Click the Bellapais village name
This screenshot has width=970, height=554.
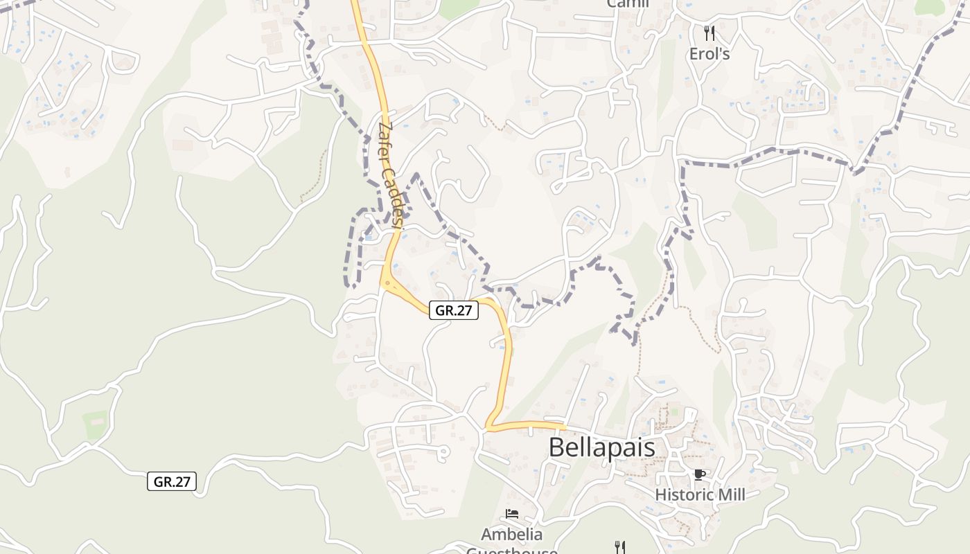click(601, 447)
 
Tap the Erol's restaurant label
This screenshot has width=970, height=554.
click(709, 54)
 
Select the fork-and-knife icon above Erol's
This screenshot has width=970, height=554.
click(709, 33)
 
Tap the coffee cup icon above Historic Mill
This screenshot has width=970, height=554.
click(700, 474)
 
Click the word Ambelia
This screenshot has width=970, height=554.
click(512, 535)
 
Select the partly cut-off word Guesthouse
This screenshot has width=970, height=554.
click(512, 551)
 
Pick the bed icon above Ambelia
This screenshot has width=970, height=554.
click(512, 514)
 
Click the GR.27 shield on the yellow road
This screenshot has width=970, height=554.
click(454, 310)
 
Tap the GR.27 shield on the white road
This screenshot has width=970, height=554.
click(172, 481)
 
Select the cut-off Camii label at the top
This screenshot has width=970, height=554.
click(628, 3)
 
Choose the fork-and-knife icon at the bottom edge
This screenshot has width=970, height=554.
click(620, 547)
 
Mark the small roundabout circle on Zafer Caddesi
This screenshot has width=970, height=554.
click(387, 283)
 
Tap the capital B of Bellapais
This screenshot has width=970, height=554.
click(556, 447)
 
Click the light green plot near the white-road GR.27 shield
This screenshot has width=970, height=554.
click(95, 422)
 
